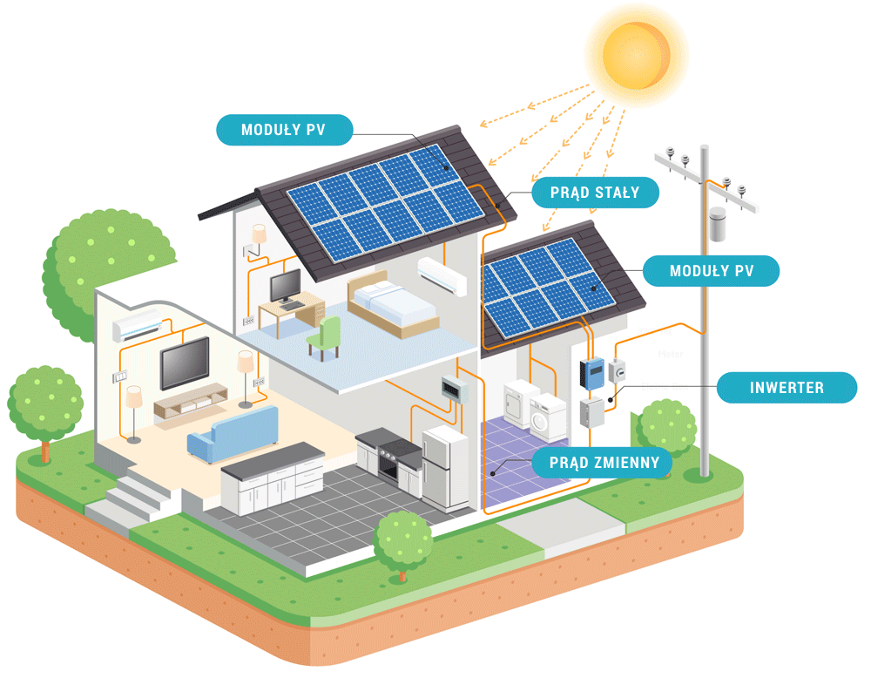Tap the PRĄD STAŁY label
595,193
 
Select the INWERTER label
787,387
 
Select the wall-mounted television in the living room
185,363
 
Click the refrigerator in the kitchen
446,468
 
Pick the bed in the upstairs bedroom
392,302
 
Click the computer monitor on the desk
286,285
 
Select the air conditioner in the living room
138,329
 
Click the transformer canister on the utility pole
718,225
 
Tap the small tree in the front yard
402,541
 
